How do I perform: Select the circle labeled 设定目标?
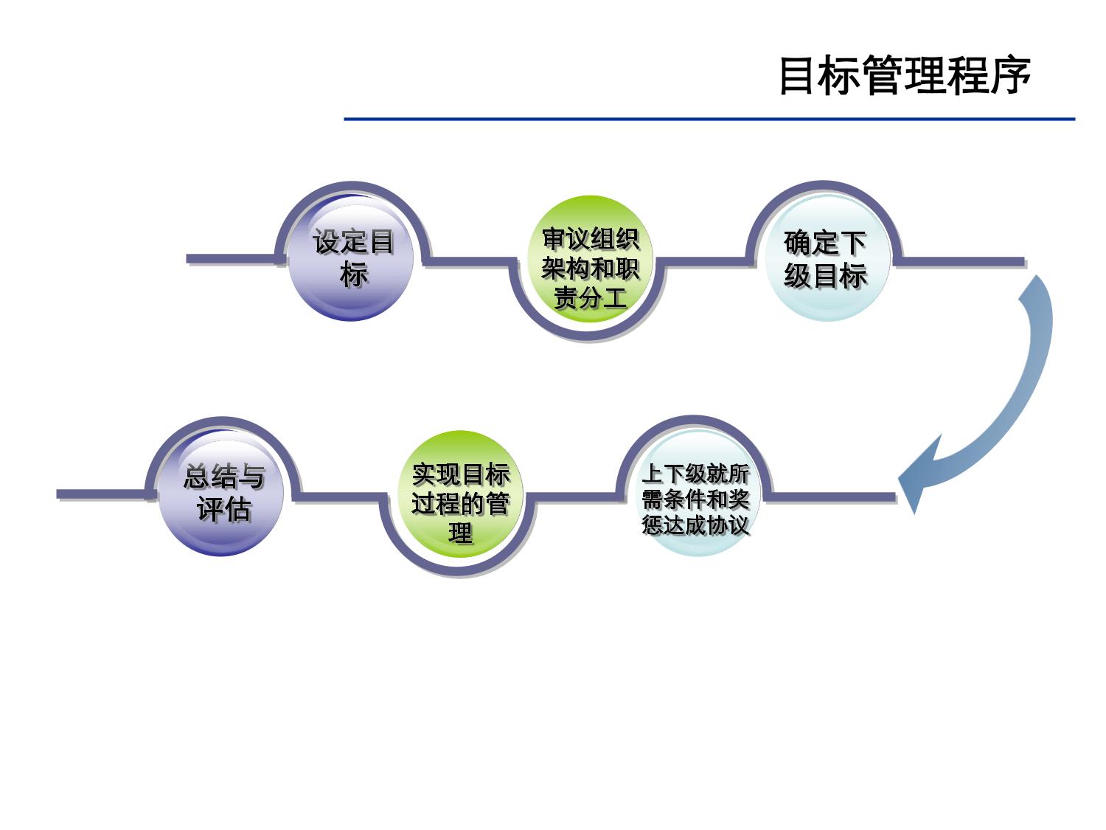[351, 258]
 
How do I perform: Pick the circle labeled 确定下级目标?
[826, 258]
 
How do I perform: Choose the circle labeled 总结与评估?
[221, 493]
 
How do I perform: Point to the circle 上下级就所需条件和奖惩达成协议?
[695, 493]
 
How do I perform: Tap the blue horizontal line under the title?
[708, 119]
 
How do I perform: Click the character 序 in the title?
[1010, 75]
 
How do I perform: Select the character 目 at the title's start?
[799, 75]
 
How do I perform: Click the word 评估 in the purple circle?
[223, 509]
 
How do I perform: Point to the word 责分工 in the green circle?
[590, 298]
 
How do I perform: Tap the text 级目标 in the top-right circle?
[826, 276]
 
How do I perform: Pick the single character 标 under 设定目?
[354, 275]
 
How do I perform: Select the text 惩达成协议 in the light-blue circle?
[695, 525]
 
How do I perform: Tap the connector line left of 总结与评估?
[100, 494]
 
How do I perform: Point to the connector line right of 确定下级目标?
[959, 260]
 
